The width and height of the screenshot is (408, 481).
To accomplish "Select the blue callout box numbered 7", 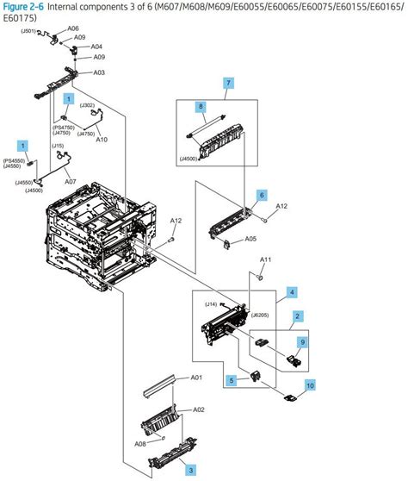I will point(228,83).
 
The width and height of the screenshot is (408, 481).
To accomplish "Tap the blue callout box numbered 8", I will point(201,108).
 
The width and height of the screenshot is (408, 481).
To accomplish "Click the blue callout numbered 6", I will point(262,197).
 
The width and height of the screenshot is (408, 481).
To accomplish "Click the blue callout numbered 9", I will point(302,342).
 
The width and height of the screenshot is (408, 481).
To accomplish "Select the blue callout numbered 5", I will point(230,379).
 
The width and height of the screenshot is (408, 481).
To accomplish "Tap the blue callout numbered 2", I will point(297,317).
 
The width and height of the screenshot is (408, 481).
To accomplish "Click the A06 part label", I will point(73,28).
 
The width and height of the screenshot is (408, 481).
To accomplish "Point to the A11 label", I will point(266,259).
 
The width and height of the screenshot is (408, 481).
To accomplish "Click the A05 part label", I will point(250,238).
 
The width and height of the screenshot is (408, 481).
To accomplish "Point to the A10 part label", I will point(102,140).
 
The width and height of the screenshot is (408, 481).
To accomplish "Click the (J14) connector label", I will point(210,304).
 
